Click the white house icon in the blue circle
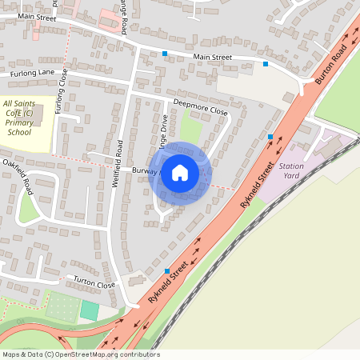click(180, 173)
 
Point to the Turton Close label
click(94, 283)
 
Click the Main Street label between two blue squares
click(212, 58)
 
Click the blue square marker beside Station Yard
click(271, 137)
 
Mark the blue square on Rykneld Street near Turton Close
click(166, 270)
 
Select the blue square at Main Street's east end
click(266, 64)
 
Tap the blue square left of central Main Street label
click(165, 54)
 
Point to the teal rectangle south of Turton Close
click(90, 310)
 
